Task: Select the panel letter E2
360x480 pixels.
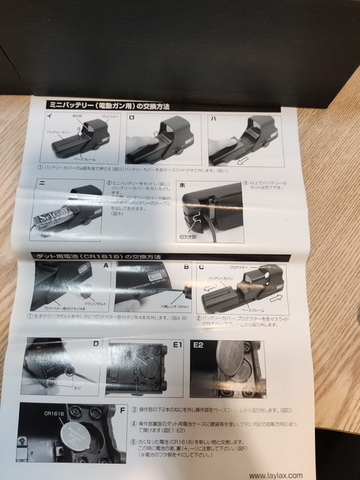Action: [x=199, y=344]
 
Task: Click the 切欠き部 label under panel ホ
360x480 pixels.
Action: [x=187, y=238]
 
